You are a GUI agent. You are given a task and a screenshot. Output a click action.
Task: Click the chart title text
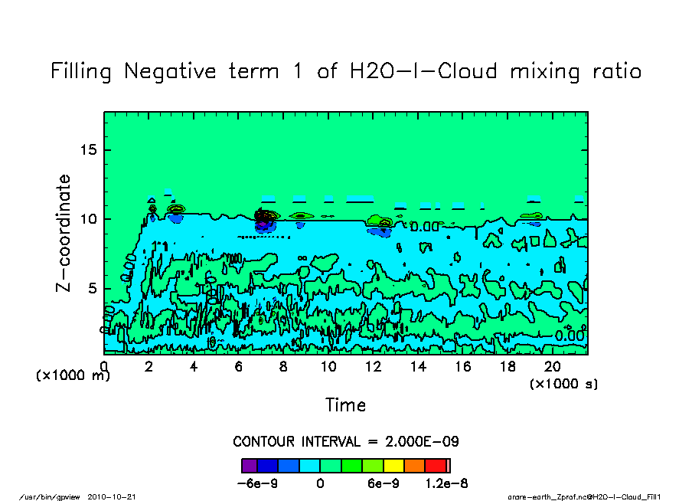coord(345,71)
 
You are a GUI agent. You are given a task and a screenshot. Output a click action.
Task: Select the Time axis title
coord(345,404)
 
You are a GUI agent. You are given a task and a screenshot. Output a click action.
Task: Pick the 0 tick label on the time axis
coord(104,367)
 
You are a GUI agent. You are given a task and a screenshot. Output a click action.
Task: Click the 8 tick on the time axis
coord(283,367)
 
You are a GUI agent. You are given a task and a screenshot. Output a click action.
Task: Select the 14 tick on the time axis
coord(418,367)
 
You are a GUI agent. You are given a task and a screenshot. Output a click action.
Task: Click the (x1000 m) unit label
coord(73,375)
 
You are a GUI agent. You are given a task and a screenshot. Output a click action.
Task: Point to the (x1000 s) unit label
coord(563,384)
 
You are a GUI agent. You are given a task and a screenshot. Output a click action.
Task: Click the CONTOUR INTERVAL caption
coord(345,442)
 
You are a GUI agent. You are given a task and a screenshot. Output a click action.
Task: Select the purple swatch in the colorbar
coord(250,465)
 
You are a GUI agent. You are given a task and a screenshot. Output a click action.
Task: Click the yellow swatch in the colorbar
coord(395,465)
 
